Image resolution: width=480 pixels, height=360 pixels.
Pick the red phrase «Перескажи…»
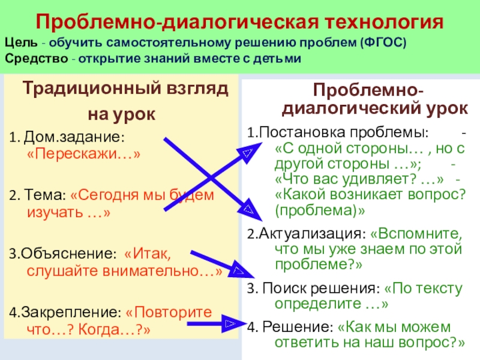point(84,154)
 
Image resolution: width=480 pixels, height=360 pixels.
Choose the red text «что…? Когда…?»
point(88,329)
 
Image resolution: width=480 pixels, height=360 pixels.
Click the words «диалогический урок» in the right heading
point(375,109)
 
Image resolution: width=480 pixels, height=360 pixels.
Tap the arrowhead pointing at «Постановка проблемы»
point(245,154)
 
